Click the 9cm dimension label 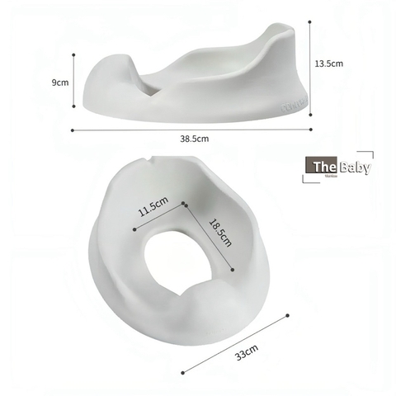click(60, 82)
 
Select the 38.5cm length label click(195, 139)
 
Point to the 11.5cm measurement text click(154, 203)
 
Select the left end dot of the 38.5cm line click(73, 129)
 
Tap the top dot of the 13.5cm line click(310, 21)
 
